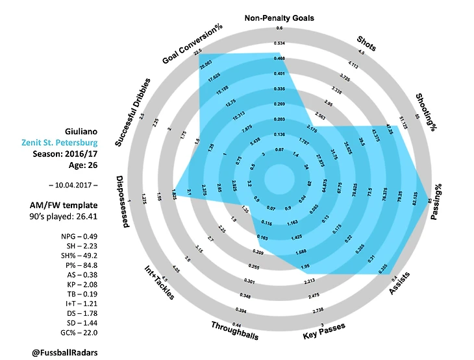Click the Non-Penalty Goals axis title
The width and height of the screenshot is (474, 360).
pos(279,18)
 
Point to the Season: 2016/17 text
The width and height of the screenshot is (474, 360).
pos(69,154)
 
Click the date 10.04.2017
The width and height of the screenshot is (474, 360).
pos(71,185)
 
